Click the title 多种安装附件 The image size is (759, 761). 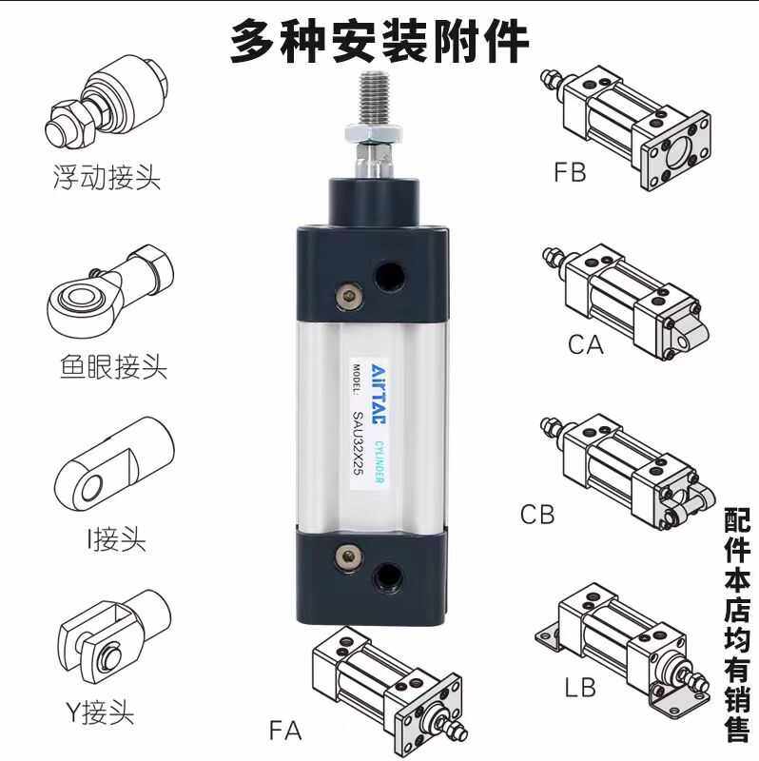(x=379, y=40)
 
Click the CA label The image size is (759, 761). (x=586, y=344)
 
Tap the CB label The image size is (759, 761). (x=537, y=515)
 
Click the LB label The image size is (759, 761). (x=580, y=685)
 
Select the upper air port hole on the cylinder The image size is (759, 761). (x=388, y=278)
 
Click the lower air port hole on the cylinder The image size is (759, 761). (x=388, y=575)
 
